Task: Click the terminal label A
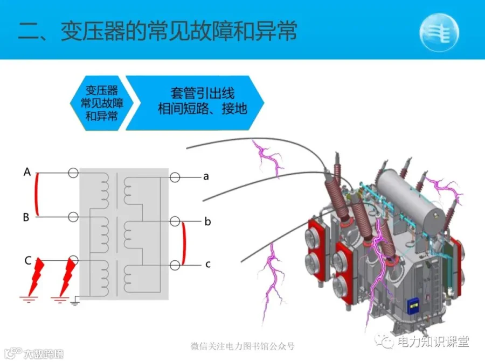click(27, 172)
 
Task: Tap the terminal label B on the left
click(26, 217)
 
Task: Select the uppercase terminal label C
click(28, 260)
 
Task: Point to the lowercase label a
click(206, 176)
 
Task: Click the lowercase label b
click(207, 221)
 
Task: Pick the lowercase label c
click(208, 264)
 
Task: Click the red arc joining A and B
click(37, 195)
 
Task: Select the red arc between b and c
click(185, 243)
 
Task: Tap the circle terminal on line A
click(73, 173)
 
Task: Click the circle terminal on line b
click(175, 222)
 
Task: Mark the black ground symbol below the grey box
click(75, 302)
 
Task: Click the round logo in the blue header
click(439, 32)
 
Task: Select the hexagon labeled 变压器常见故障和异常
click(101, 103)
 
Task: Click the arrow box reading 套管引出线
click(195, 103)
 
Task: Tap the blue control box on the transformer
click(413, 306)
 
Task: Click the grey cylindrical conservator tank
click(411, 197)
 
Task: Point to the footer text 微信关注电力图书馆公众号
click(242, 346)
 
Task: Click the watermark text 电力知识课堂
click(433, 341)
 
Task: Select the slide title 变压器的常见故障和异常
click(179, 31)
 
